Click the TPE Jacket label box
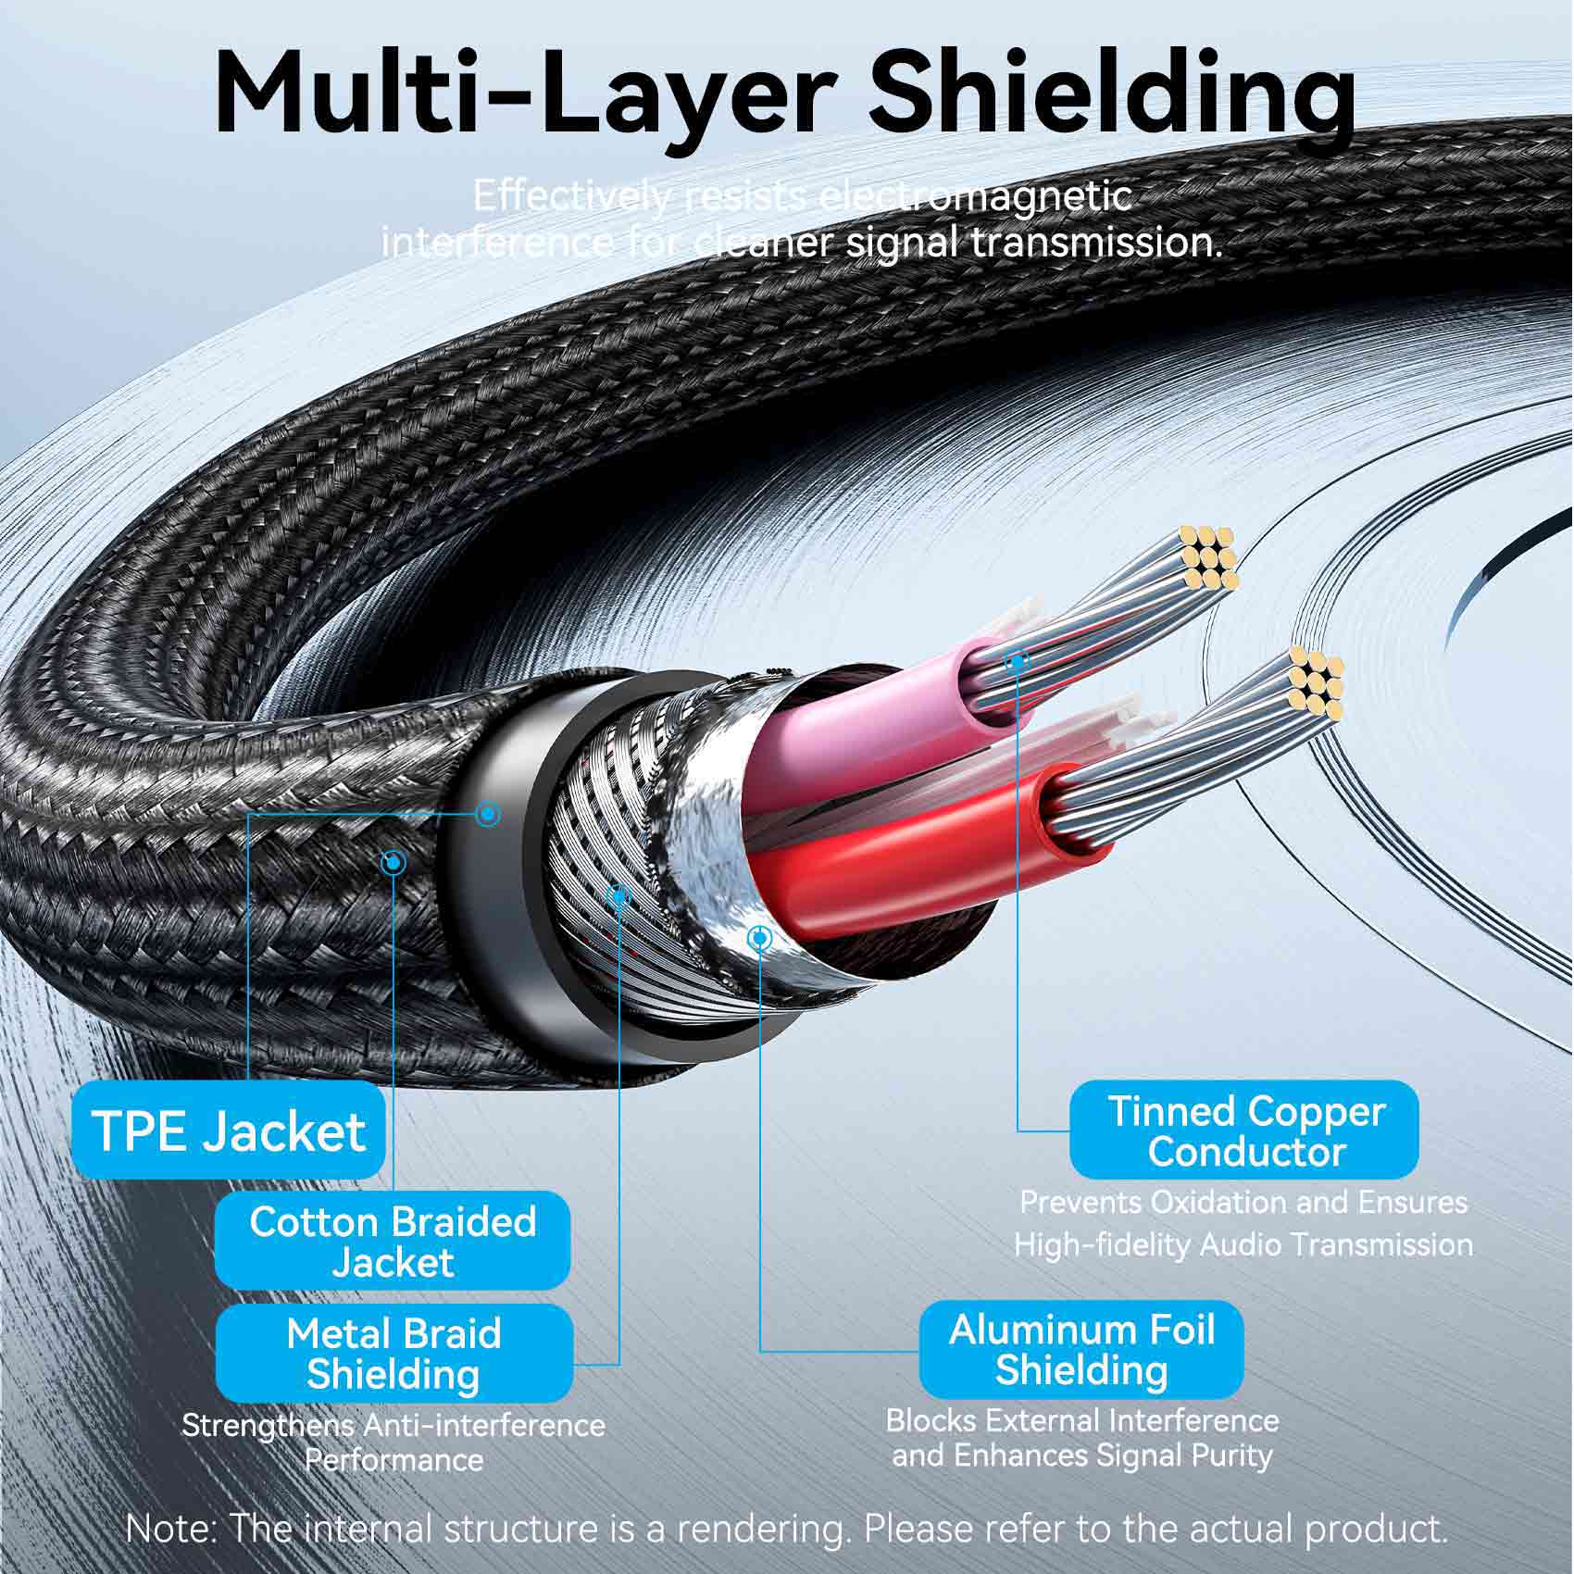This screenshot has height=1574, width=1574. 228,1131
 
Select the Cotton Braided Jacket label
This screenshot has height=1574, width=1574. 393,1241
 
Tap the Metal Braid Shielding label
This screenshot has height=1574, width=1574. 393,1353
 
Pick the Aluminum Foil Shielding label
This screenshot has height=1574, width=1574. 1081,1349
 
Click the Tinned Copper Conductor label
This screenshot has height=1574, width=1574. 1244,1131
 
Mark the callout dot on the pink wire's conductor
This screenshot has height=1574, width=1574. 1018,661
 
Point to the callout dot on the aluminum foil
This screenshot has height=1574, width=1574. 759,938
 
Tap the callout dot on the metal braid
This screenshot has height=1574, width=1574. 619,894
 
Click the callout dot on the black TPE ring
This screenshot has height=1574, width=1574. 488,814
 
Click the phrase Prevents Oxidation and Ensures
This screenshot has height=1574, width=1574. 1243,1202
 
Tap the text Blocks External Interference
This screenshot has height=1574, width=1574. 1081,1420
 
